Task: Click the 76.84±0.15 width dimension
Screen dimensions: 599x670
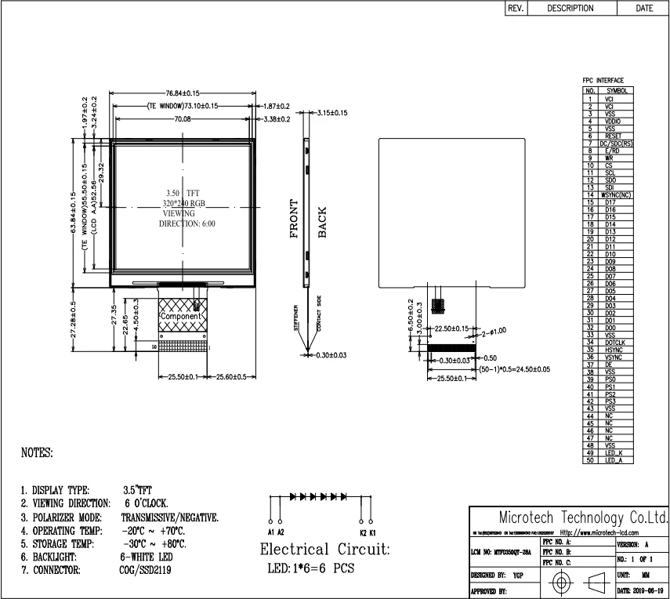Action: pyautogui.click(x=182, y=93)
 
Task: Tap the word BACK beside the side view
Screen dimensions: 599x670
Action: pyautogui.click(x=322, y=222)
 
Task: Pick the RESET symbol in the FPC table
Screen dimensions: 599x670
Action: pyautogui.click(x=613, y=136)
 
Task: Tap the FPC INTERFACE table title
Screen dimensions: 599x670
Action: pyautogui.click(x=603, y=81)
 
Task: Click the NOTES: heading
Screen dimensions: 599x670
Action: pyautogui.click(x=37, y=453)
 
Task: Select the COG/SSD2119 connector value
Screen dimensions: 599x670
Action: pyautogui.click(x=147, y=570)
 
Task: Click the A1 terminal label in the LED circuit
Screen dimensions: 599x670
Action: pyautogui.click(x=270, y=532)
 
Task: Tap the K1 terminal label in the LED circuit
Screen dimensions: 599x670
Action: pyautogui.click(x=373, y=532)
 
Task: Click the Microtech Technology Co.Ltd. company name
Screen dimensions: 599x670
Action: pyautogui.click(x=583, y=518)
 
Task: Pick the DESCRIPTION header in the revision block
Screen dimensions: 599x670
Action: pyautogui.click(x=570, y=9)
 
